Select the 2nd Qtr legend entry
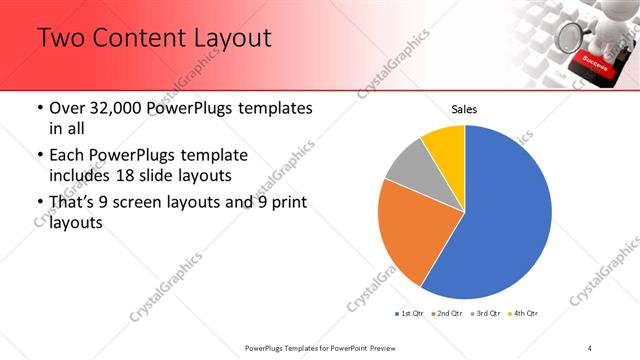point(447,314)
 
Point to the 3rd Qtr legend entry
point(486,314)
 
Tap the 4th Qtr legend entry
point(524,314)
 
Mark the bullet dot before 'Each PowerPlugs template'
point(39,157)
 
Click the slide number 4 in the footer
point(590,347)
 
